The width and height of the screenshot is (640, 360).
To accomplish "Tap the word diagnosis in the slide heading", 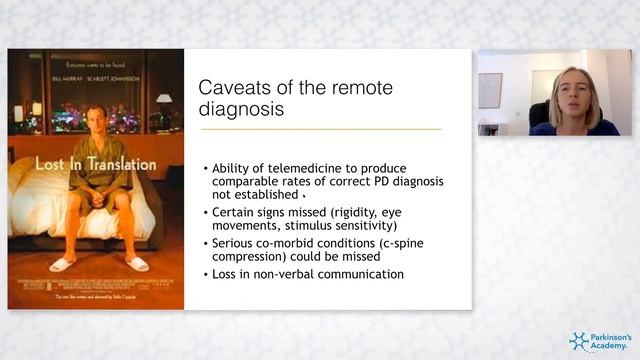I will pos(242,110).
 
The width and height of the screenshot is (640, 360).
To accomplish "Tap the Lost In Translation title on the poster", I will pos(96,163).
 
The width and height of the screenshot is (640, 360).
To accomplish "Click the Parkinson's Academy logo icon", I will pos(581,341).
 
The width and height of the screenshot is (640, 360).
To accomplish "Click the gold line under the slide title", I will pos(321,129).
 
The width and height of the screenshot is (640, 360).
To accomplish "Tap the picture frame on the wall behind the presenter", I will pos(490,90).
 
